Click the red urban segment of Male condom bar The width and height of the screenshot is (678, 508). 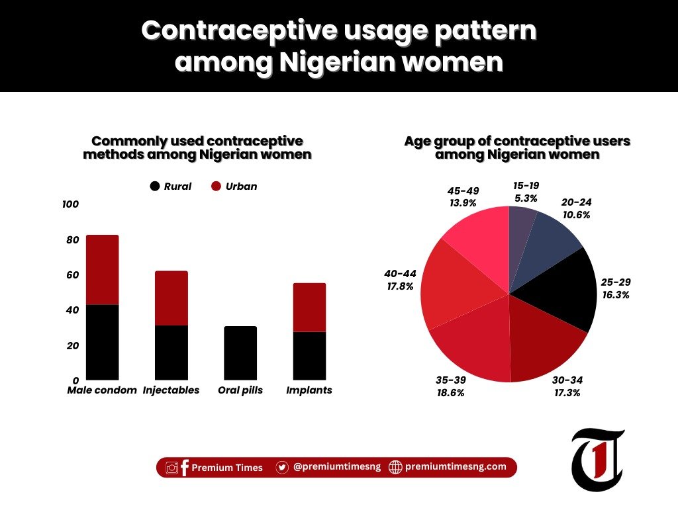[x=103, y=269]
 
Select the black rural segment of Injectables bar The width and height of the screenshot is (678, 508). [x=171, y=352]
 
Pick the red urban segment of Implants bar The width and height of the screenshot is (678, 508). [x=309, y=308]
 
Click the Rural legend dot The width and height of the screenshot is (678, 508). [x=156, y=187]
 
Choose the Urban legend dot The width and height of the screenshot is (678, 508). [x=216, y=187]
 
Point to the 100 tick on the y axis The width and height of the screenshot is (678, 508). [x=70, y=204]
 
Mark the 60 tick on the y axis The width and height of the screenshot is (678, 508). [x=72, y=275]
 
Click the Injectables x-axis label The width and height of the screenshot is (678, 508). [x=171, y=390]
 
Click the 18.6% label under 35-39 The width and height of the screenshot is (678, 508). [x=450, y=393]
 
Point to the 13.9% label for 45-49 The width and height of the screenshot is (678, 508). [x=462, y=203]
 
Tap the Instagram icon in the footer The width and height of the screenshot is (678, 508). [x=172, y=468]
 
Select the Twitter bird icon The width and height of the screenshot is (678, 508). [x=282, y=467]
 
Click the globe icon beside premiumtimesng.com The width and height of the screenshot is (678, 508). [x=395, y=467]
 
